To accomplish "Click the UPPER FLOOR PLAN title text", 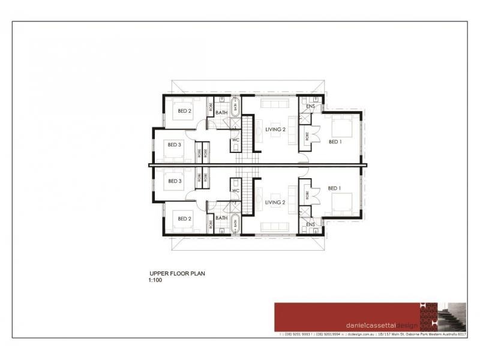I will (177, 274).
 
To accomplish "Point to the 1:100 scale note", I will (155, 280).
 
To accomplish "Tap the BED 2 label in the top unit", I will (184, 110).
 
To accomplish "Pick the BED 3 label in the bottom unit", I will (175, 181).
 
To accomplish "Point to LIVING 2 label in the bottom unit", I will (275, 203).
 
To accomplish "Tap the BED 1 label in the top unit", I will (335, 142).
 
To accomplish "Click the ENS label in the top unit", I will (310, 107).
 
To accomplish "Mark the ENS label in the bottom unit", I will (310, 224).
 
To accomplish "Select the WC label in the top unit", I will (235, 140).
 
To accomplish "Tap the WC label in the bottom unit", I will (235, 190).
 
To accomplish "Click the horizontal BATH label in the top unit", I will (221, 112).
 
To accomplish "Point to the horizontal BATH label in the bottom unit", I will (221, 218).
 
